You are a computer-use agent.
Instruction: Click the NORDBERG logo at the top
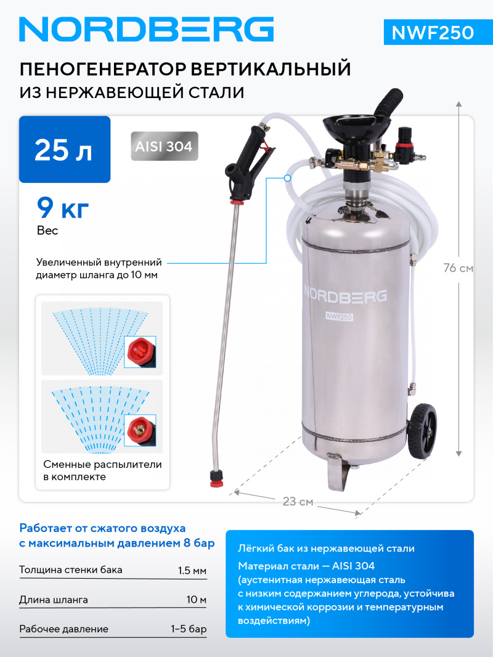coord(146,29)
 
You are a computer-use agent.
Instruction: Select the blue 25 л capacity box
coord(65,150)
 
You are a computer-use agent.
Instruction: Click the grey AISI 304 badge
coord(165,147)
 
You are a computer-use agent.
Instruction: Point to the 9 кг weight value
coord(63,208)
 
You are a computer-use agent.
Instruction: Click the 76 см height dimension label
coord(458,268)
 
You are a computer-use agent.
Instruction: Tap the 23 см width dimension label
coord(298,502)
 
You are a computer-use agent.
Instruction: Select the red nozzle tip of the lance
coord(217,477)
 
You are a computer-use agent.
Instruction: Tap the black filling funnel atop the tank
coord(353,128)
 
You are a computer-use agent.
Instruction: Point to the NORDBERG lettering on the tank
coord(345,295)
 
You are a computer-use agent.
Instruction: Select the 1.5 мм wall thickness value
coord(192,570)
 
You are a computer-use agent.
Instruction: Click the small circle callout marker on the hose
coord(288,178)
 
